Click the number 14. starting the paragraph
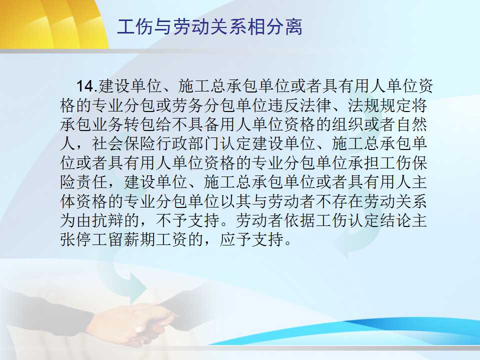(87, 86)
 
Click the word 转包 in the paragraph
(140, 124)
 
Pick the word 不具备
(196, 124)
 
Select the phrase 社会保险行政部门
(156, 143)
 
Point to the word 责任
(92, 182)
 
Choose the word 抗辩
(108, 220)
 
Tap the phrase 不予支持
(188, 220)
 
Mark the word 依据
(299, 220)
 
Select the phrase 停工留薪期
(116, 239)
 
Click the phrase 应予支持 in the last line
(251, 239)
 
